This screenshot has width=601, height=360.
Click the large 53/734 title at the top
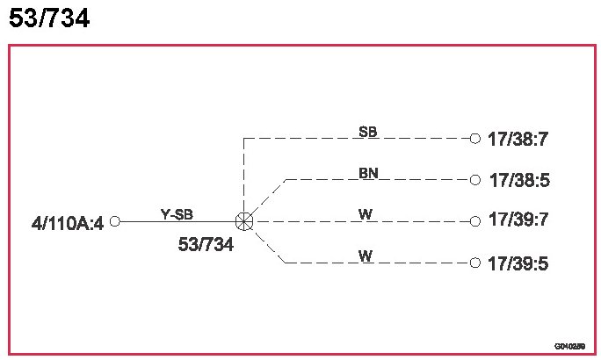pyautogui.click(x=49, y=18)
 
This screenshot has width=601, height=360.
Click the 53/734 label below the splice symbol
pyautogui.click(x=206, y=245)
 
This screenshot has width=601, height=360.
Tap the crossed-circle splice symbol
pyautogui.click(x=244, y=221)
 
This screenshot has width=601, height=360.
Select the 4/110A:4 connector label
pyautogui.click(x=68, y=223)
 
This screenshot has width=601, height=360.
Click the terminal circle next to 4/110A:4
pyautogui.click(x=114, y=221)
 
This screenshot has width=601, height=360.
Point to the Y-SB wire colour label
pyautogui.click(x=177, y=213)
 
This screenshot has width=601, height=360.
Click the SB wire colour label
pyautogui.click(x=368, y=132)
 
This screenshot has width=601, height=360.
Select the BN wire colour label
pyautogui.click(x=369, y=173)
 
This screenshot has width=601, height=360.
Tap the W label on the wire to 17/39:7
pyautogui.click(x=365, y=213)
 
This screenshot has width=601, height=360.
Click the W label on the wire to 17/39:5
pyautogui.click(x=365, y=256)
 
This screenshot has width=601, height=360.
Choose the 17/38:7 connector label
pyautogui.click(x=518, y=139)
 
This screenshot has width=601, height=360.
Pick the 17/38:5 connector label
pyautogui.click(x=518, y=181)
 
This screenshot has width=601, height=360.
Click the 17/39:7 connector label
pyautogui.click(x=518, y=220)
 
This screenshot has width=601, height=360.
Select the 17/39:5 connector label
pyautogui.click(x=518, y=263)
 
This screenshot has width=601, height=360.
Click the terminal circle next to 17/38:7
pyautogui.click(x=475, y=138)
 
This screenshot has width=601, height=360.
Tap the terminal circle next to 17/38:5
pyautogui.click(x=475, y=179)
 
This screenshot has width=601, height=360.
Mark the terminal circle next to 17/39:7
pyautogui.click(x=475, y=221)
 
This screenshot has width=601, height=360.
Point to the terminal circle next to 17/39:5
pyautogui.click(x=475, y=263)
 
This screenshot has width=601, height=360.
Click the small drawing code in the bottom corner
pyautogui.click(x=569, y=347)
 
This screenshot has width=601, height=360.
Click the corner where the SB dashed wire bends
pyautogui.click(x=244, y=138)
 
